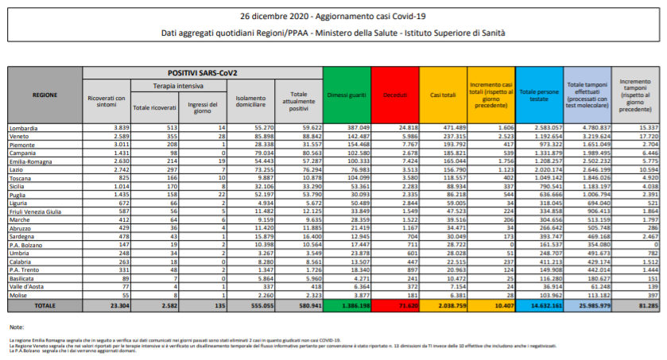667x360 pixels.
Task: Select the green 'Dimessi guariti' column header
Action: click(x=347, y=95)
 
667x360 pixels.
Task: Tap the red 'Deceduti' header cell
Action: click(x=394, y=95)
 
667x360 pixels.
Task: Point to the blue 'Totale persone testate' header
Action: click(x=538, y=95)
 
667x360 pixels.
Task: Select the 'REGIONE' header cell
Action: click(x=44, y=95)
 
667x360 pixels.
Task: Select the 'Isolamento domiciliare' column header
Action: click(x=252, y=101)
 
